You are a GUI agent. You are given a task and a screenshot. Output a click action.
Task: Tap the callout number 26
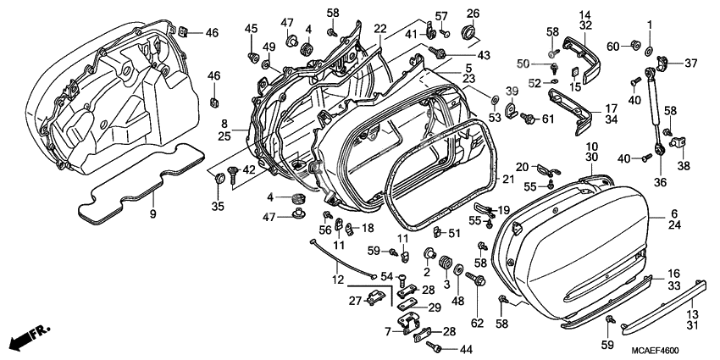point(473,13)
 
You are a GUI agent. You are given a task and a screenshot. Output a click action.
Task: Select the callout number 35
point(217,206)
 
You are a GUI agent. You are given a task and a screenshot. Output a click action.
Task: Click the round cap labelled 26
point(467,34)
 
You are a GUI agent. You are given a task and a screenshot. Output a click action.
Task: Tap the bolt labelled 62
point(479,280)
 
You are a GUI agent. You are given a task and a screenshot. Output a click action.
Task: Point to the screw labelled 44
point(437,346)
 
